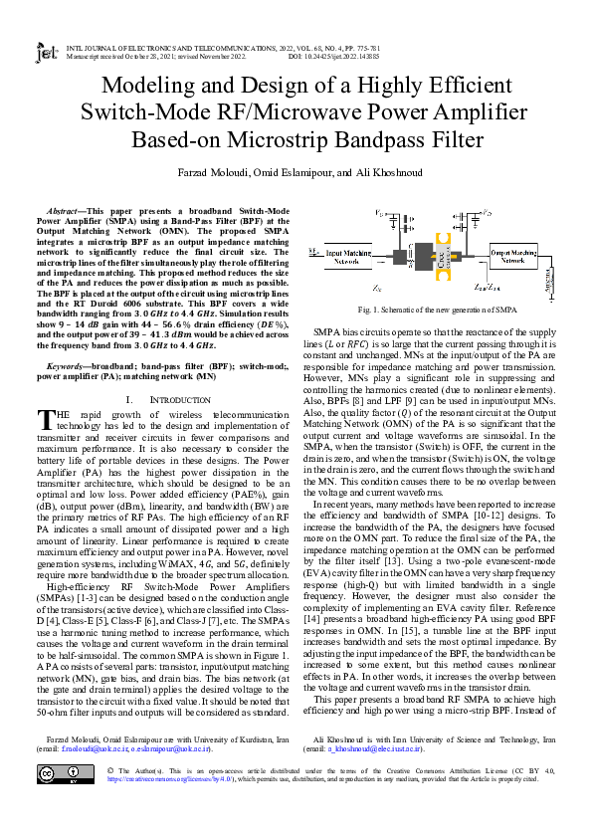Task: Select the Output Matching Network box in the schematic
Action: tap(515, 258)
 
